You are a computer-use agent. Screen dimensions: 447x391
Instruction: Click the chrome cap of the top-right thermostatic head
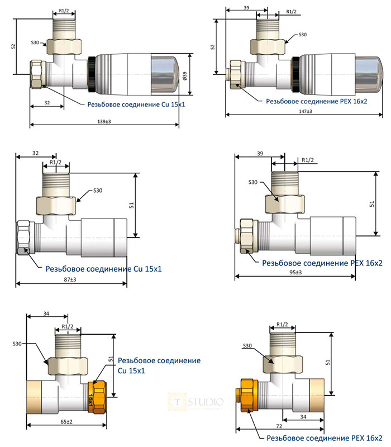370,70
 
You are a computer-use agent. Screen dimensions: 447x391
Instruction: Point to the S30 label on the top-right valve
302,35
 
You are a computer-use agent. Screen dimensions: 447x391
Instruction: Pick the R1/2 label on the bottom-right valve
282,325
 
